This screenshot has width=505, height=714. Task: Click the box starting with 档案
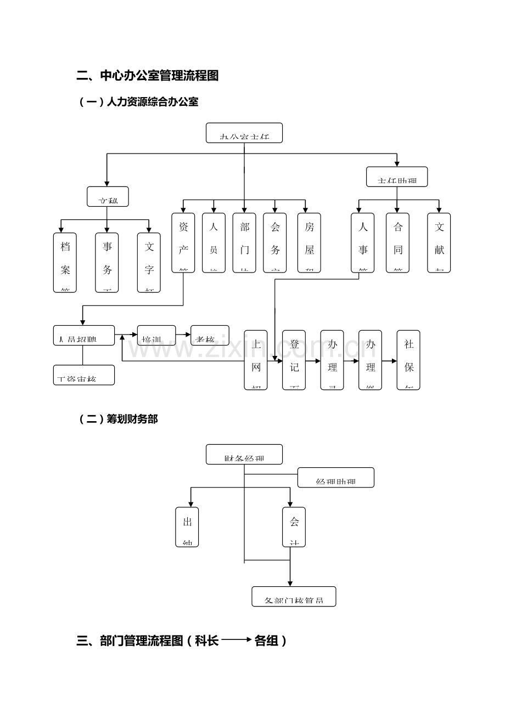[65, 262]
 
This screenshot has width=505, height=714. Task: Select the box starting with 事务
[107, 262]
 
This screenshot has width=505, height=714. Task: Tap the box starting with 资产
[183, 242]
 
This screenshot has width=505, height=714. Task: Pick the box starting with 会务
[275, 242]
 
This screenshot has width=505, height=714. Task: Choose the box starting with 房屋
[309, 242]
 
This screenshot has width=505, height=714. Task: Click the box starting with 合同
[397, 242]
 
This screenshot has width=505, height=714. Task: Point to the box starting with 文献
[439, 242]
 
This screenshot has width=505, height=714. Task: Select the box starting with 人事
[363, 242]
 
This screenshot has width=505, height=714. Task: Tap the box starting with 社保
[408, 360]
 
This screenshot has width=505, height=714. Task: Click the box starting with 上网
[256, 360]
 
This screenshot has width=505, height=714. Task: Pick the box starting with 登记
[294, 360]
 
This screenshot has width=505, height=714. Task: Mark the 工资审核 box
[84, 375]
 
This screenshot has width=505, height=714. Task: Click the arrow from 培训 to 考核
[183, 334]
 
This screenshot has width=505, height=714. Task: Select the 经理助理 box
[336, 478]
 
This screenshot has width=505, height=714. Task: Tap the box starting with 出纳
[187, 527]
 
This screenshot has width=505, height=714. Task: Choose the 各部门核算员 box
[294, 596]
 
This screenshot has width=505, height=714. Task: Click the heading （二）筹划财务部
[119, 420]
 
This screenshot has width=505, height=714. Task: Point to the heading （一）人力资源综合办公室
[139, 102]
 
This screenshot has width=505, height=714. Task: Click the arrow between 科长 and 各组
[237, 640]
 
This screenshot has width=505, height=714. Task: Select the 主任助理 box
[397, 177]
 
